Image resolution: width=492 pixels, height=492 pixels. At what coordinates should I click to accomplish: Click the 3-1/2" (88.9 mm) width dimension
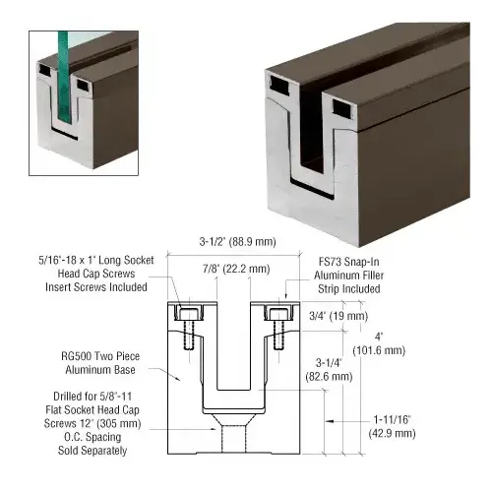click(237, 242)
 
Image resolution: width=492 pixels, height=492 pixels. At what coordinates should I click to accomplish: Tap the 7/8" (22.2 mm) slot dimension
click(236, 269)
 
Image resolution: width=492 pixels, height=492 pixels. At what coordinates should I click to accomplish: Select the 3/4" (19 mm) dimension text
click(338, 316)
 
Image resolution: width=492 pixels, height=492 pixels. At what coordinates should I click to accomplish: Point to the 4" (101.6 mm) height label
click(379, 343)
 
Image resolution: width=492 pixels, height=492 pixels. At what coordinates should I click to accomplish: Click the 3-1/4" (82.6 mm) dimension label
click(329, 370)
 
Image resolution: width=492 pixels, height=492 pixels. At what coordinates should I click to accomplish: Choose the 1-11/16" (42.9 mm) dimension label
click(392, 426)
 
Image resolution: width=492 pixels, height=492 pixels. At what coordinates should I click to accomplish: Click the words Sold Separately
click(92, 451)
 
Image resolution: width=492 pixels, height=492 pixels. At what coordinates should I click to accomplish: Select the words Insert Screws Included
click(96, 287)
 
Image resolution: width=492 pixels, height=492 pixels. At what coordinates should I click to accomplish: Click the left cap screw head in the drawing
click(188, 314)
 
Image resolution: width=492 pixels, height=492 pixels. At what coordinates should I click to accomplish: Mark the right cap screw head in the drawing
click(278, 314)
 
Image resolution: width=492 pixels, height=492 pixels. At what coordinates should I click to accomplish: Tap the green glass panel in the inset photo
click(64, 78)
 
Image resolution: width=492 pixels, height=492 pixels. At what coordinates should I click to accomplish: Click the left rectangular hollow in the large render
click(279, 85)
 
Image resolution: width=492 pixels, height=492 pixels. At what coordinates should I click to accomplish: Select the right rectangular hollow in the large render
click(342, 108)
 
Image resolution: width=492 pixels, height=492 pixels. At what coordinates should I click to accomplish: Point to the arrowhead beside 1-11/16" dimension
click(330, 421)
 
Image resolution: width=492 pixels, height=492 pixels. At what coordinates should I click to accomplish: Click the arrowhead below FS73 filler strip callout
click(286, 295)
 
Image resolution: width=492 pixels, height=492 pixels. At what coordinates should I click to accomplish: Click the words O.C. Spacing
click(92, 437)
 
